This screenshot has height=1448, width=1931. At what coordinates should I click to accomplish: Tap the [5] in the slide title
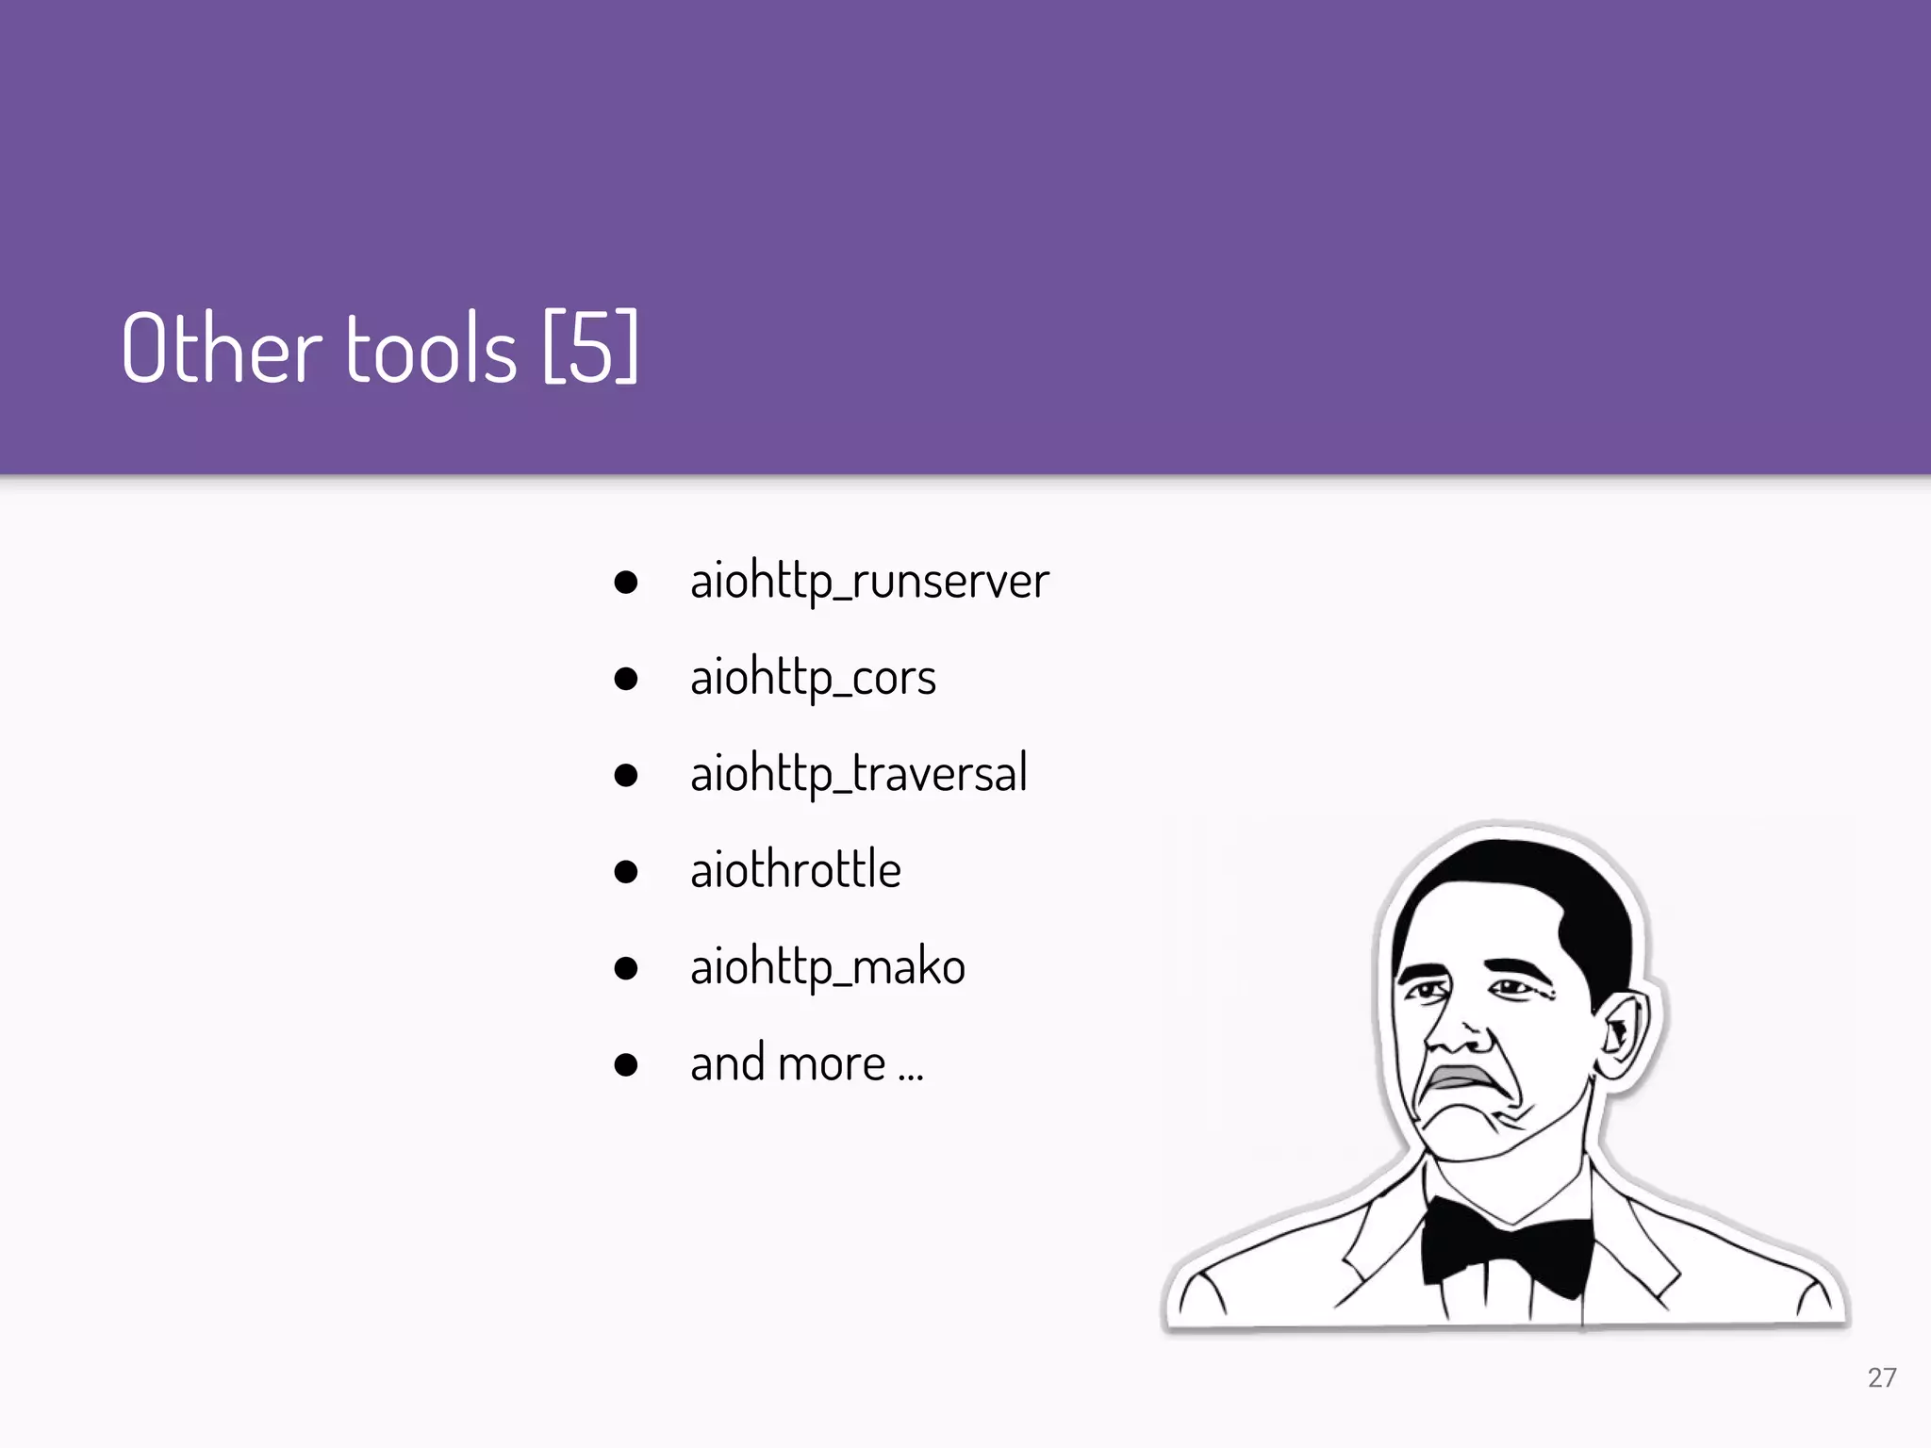pos(591,348)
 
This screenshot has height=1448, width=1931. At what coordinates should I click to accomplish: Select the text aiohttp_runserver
pos(868,581)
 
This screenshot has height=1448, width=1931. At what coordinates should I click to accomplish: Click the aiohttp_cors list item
pos(813,678)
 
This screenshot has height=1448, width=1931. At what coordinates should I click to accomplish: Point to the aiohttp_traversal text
pos(858,774)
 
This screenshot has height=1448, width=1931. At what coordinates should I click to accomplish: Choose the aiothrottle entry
pos(795,870)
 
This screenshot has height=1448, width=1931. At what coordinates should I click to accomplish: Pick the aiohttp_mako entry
pos(827,967)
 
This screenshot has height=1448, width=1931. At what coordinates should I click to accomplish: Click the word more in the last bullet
pos(833,1064)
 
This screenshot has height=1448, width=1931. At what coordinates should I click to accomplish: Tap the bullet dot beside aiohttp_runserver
pos(625,582)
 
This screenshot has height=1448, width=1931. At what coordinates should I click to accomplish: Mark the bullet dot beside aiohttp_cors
pos(625,679)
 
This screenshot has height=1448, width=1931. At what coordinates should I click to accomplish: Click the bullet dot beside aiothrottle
pos(625,871)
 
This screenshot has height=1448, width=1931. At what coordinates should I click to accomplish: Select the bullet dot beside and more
pos(625,1065)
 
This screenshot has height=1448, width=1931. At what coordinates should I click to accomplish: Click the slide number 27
pos(1881,1377)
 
